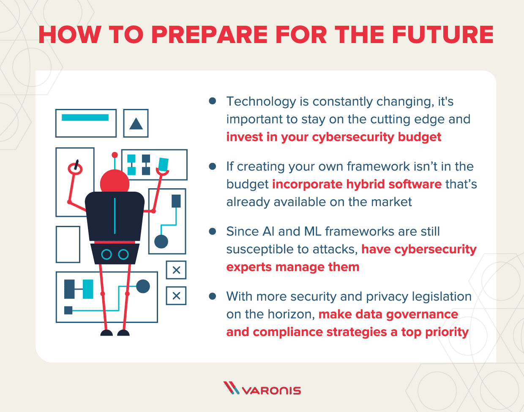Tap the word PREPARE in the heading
click(209, 35)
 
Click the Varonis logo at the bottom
click(262, 389)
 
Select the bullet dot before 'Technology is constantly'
click(213, 101)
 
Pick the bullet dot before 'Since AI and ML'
click(213, 231)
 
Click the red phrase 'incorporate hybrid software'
click(357, 184)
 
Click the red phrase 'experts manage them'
click(293, 267)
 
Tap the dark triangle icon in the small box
click(136, 124)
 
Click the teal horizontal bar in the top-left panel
click(85, 117)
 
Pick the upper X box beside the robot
click(176, 270)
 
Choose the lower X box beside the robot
click(176, 296)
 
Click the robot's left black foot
click(106, 333)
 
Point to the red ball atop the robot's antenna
click(114, 155)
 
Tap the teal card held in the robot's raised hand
click(163, 164)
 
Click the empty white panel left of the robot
click(68, 244)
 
